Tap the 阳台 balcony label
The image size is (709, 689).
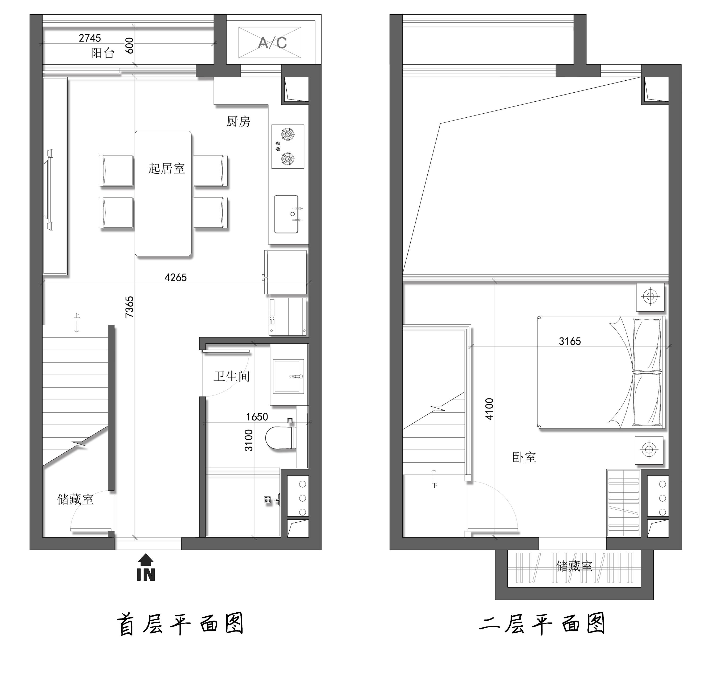click(x=102, y=53)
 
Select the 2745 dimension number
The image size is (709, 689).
click(x=90, y=38)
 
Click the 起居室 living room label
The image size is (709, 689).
click(x=166, y=168)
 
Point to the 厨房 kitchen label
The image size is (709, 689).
click(x=238, y=121)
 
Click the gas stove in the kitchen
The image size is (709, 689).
click(x=288, y=147)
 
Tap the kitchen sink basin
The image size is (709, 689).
click(x=286, y=214)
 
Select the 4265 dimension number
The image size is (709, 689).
click(x=176, y=278)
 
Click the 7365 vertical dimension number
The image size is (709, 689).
click(x=130, y=307)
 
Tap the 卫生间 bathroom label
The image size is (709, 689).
click(x=232, y=377)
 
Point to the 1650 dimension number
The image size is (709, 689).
click(x=257, y=417)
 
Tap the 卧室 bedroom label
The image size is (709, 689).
click(x=524, y=457)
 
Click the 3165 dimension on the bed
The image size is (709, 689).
click(x=570, y=341)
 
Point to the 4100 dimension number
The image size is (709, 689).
click(x=489, y=409)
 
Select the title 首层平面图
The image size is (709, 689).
click(x=180, y=624)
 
